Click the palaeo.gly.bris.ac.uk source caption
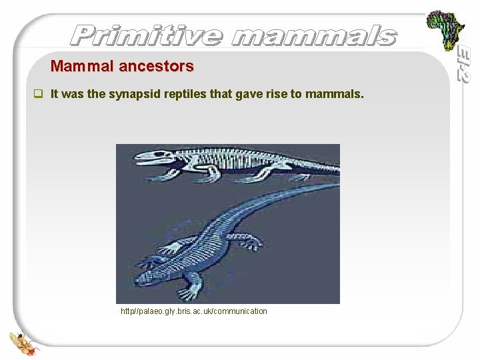pyautogui.click(x=194, y=311)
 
